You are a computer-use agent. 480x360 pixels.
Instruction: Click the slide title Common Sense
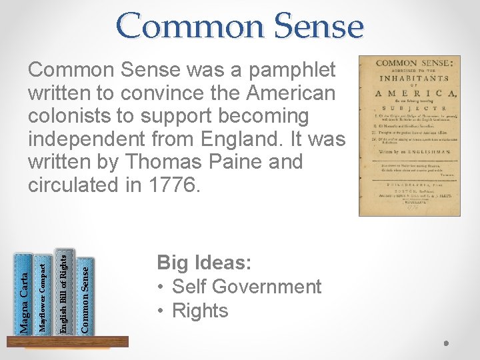240,27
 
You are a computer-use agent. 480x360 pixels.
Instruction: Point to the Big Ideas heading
204,263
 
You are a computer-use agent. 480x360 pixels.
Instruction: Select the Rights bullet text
200,311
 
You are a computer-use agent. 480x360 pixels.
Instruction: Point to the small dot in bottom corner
446,344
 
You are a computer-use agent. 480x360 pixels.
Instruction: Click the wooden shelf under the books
67,341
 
